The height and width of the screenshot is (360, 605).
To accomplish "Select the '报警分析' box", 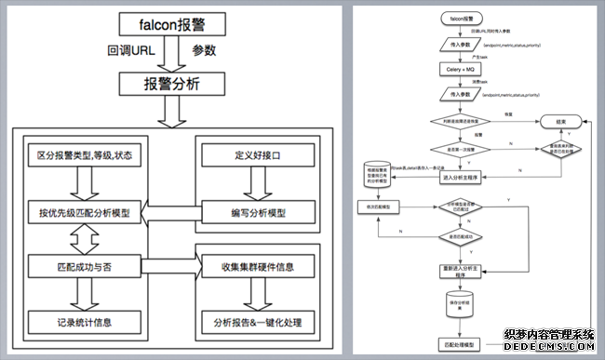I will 171,83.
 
